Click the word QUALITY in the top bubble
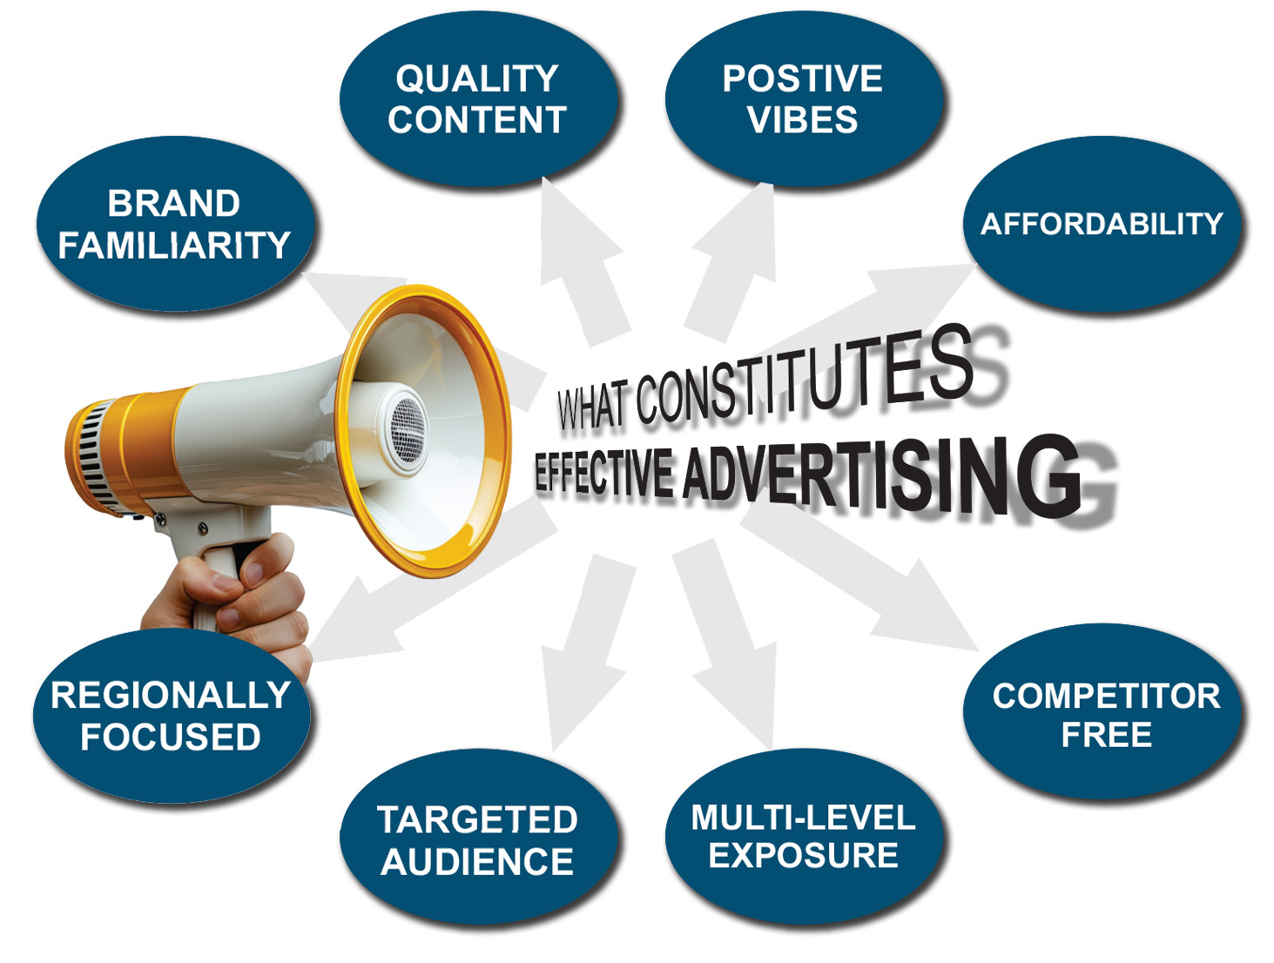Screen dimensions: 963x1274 coord(477,79)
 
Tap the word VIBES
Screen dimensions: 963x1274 coord(802,120)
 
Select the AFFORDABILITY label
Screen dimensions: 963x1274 coord(1102,225)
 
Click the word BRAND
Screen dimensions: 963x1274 coord(173,204)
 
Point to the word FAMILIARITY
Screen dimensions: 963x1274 coord(174,246)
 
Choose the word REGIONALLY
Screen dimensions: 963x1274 coord(171,696)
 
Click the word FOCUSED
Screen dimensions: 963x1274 coord(171,737)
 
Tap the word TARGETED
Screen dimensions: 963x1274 coord(477,820)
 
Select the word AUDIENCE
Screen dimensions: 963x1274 coord(477,862)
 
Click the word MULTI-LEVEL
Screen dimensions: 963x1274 coord(803,818)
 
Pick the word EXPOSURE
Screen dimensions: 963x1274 coord(803,856)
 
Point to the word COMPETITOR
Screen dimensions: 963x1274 coord(1106,697)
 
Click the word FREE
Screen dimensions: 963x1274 coord(1106,736)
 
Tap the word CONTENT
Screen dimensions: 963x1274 coord(477,120)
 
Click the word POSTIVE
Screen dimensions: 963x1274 coord(802,79)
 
